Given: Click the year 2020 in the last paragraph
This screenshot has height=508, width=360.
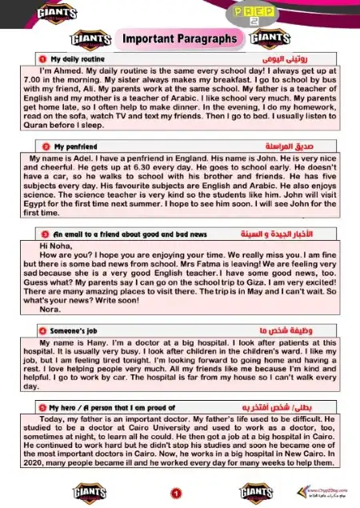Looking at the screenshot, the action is click(30, 462).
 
